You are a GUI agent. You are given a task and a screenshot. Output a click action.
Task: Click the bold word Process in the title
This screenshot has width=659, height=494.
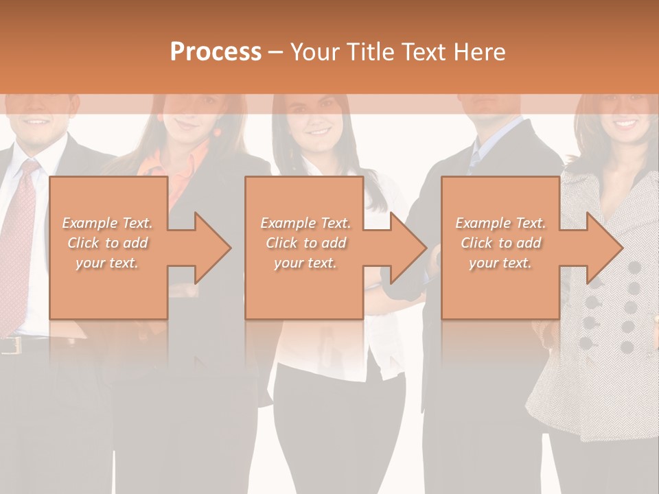coord(216,52)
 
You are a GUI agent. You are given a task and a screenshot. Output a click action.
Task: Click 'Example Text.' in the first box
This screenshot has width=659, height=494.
coord(108,223)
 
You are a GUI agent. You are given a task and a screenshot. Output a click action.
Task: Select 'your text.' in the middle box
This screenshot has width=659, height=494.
coord(305,263)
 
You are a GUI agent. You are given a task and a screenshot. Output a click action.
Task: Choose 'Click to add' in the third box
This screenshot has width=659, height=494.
coord(501,243)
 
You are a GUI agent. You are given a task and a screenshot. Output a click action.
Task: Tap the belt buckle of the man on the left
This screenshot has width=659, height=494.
coord(8,345)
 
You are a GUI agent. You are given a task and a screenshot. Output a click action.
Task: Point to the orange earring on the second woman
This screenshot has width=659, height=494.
coord(218,131)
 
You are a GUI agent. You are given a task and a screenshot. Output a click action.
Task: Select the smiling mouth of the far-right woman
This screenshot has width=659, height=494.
coord(626,124)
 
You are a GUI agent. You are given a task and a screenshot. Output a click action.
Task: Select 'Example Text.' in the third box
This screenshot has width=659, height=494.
coord(501,223)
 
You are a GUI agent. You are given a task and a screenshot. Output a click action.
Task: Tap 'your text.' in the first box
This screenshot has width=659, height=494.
coord(108,263)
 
